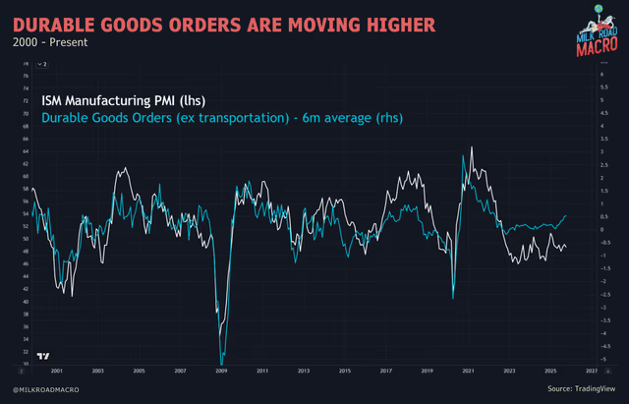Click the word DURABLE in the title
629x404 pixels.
click(59, 20)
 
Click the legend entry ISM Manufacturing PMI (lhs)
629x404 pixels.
click(123, 100)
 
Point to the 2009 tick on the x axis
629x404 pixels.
click(222, 372)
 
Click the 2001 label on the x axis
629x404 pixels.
click(57, 372)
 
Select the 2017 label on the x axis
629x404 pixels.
click(386, 372)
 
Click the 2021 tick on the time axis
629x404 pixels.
click(469, 372)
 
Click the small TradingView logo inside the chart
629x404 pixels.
click(42, 355)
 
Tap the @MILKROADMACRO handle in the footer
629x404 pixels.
click(45, 390)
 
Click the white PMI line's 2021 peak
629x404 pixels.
click(473, 147)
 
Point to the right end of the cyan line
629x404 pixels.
click(566, 215)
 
